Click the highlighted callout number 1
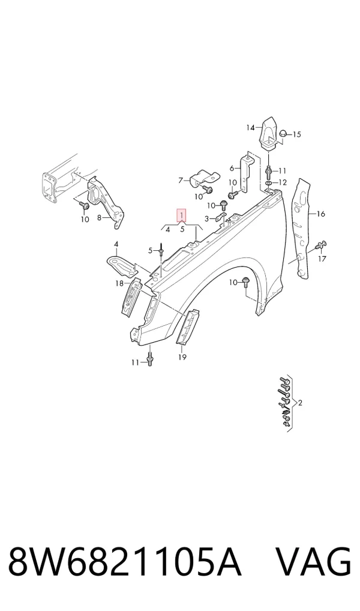182,215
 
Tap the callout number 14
250,127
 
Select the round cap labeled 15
284,134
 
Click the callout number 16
320,214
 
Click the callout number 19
182,357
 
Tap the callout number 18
119,283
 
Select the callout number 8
99,217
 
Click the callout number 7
180,181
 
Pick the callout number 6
232,168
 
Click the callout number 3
207,218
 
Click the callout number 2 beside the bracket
299,403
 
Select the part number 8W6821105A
124,562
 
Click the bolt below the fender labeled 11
149,358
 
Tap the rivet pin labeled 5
161,250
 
